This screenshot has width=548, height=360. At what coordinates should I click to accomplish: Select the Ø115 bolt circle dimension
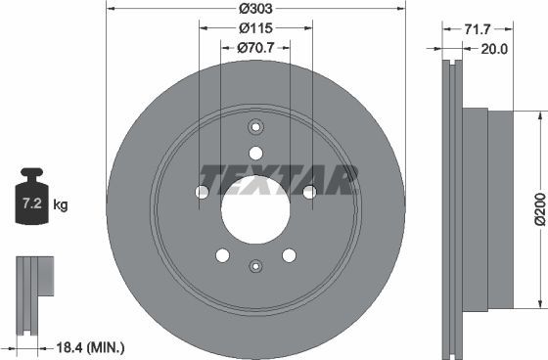coord(256,29)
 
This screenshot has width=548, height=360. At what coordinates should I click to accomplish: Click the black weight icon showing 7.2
coord(31,200)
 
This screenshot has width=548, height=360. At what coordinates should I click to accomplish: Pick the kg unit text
coord(61,205)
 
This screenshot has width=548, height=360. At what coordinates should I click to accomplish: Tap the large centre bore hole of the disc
coord(255,210)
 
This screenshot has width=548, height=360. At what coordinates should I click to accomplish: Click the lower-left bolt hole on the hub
coord(222,255)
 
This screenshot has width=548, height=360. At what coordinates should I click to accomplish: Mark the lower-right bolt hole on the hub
coord(289,255)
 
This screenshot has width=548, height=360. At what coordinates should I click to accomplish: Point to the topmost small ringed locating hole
coord(256,127)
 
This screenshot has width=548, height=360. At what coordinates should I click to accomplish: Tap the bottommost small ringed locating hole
coord(255,266)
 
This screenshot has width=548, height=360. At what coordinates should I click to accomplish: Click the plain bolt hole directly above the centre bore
coord(256,153)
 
